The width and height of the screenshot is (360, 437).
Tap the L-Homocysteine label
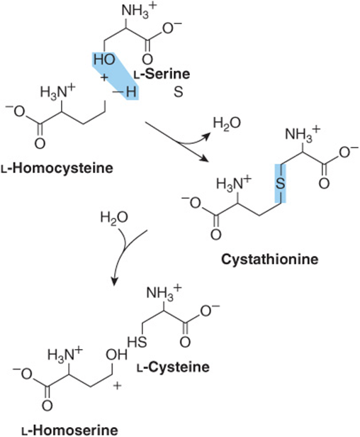[57, 168]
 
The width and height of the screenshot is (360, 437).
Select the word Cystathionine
[269, 260]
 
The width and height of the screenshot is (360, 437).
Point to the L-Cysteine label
[173, 367]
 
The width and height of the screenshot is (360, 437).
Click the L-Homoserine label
[69, 430]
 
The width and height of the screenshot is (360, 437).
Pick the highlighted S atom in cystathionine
[281, 183]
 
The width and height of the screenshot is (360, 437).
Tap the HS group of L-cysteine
[137, 342]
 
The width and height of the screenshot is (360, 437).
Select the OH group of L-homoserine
[116, 355]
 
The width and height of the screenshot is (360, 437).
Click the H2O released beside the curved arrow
[227, 123]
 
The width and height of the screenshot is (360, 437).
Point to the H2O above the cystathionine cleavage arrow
[114, 217]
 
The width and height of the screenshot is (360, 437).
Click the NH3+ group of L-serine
[138, 11]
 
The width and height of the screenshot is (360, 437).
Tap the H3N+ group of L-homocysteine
[58, 92]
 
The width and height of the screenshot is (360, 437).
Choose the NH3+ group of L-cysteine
[164, 294]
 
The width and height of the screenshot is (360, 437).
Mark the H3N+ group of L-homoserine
[66, 355]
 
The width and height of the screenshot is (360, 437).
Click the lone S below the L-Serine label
[178, 92]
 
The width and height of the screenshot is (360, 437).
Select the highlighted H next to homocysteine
[131, 92]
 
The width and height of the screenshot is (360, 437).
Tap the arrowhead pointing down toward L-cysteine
[113, 281]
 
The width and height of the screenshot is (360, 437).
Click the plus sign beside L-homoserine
[117, 386]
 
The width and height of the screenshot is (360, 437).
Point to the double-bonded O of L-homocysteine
[40, 144]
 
